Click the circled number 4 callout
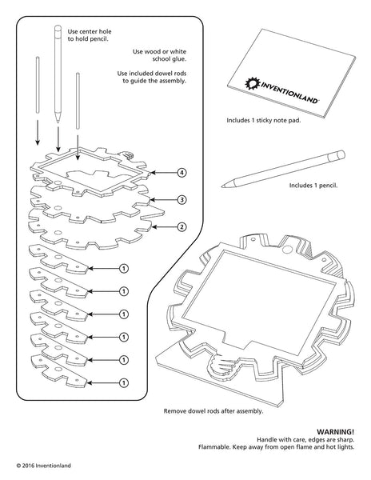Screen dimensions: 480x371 pyautogui.click(x=183, y=173)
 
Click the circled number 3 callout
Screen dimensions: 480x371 pyautogui.click(x=183, y=199)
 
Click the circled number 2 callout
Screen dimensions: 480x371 pyautogui.click(x=183, y=226)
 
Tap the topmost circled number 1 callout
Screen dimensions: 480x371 pyautogui.click(x=124, y=268)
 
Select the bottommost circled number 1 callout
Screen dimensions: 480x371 pyautogui.click(x=124, y=382)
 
